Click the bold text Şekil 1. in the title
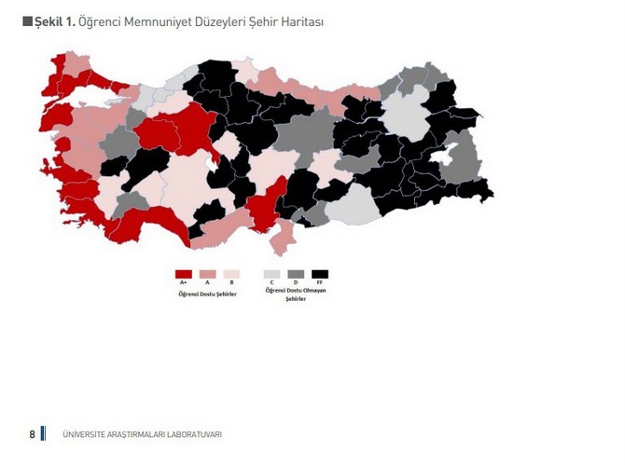coord(55,21)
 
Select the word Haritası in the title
coord(299,21)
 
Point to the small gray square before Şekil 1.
coord(27,21)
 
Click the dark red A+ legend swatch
coord(184,274)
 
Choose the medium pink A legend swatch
coord(207,274)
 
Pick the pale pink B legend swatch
coord(231,274)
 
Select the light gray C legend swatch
coord(271,274)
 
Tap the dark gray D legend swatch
coord(296,274)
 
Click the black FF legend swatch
coord(320,274)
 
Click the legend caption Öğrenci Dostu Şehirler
coord(207,294)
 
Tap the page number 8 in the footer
coord(32,434)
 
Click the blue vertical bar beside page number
coord(43,434)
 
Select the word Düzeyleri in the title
coord(218,21)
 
